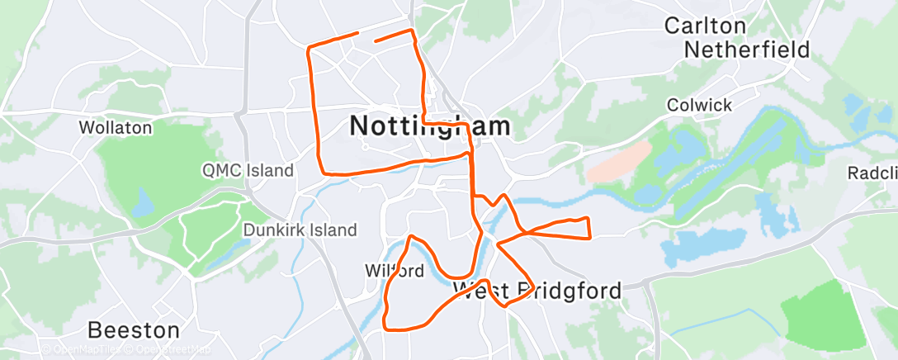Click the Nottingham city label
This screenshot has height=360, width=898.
click(x=430, y=126)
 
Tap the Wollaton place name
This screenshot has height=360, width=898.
click(x=116, y=128)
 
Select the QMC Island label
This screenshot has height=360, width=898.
click(x=248, y=171)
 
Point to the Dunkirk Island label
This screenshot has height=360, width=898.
click(x=300, y=230)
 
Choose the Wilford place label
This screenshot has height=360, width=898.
click(x=394, y=271)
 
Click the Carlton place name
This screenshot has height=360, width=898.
click(x=705, y=26)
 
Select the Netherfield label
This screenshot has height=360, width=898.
click(x=747, y=50)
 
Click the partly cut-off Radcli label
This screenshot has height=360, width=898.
click(x=872, y=173)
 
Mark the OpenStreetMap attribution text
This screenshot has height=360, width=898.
click(x=165, y=349)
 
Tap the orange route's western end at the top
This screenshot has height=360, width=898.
click(x=357, y=33)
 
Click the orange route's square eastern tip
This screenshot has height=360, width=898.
click(x=588, y=228)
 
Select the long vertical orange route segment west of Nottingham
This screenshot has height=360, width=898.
click(x=314, y=107)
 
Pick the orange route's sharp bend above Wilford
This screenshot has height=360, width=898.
click(x=410, y=238)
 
